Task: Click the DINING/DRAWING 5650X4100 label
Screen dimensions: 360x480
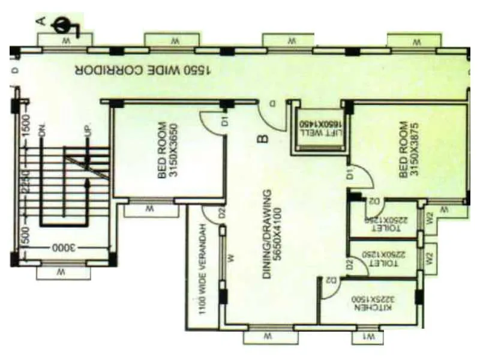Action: point(272,225)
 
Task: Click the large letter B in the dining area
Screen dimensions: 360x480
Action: point(262,139)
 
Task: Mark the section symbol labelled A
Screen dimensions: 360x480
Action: point(60,25)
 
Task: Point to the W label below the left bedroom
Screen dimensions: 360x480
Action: point(148,210)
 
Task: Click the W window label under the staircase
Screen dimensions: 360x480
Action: point(60,273)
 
